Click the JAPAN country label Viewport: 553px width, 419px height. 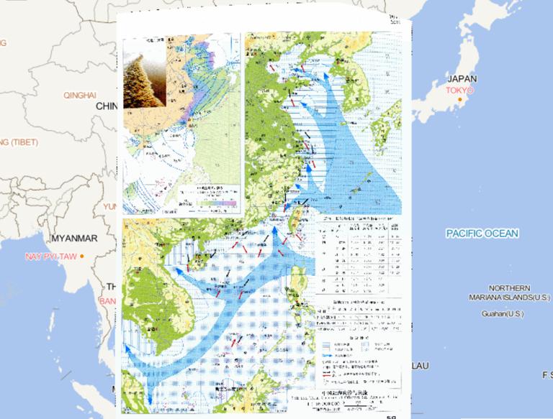point(462,79)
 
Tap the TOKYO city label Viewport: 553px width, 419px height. point(459,91)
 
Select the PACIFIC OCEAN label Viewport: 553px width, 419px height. point(482,234)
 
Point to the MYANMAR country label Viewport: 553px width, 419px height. point(74,238)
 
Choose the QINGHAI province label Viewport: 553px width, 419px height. point(79,95)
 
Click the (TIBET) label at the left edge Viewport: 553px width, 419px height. point(19,142)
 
